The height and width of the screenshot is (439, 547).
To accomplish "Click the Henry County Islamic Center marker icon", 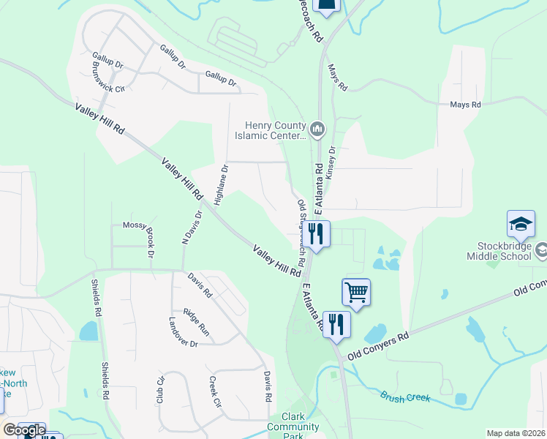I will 317,130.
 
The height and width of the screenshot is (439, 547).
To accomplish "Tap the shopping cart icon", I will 356,292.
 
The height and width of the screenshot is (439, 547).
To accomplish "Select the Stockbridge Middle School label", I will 499,250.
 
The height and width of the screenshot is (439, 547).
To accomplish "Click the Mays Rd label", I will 465,105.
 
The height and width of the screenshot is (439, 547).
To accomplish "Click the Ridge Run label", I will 197,321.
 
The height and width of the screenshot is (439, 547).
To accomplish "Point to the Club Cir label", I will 159,390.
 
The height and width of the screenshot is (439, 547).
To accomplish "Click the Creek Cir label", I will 215,392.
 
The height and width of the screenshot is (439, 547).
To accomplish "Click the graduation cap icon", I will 520,224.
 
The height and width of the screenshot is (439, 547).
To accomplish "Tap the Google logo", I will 24,430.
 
